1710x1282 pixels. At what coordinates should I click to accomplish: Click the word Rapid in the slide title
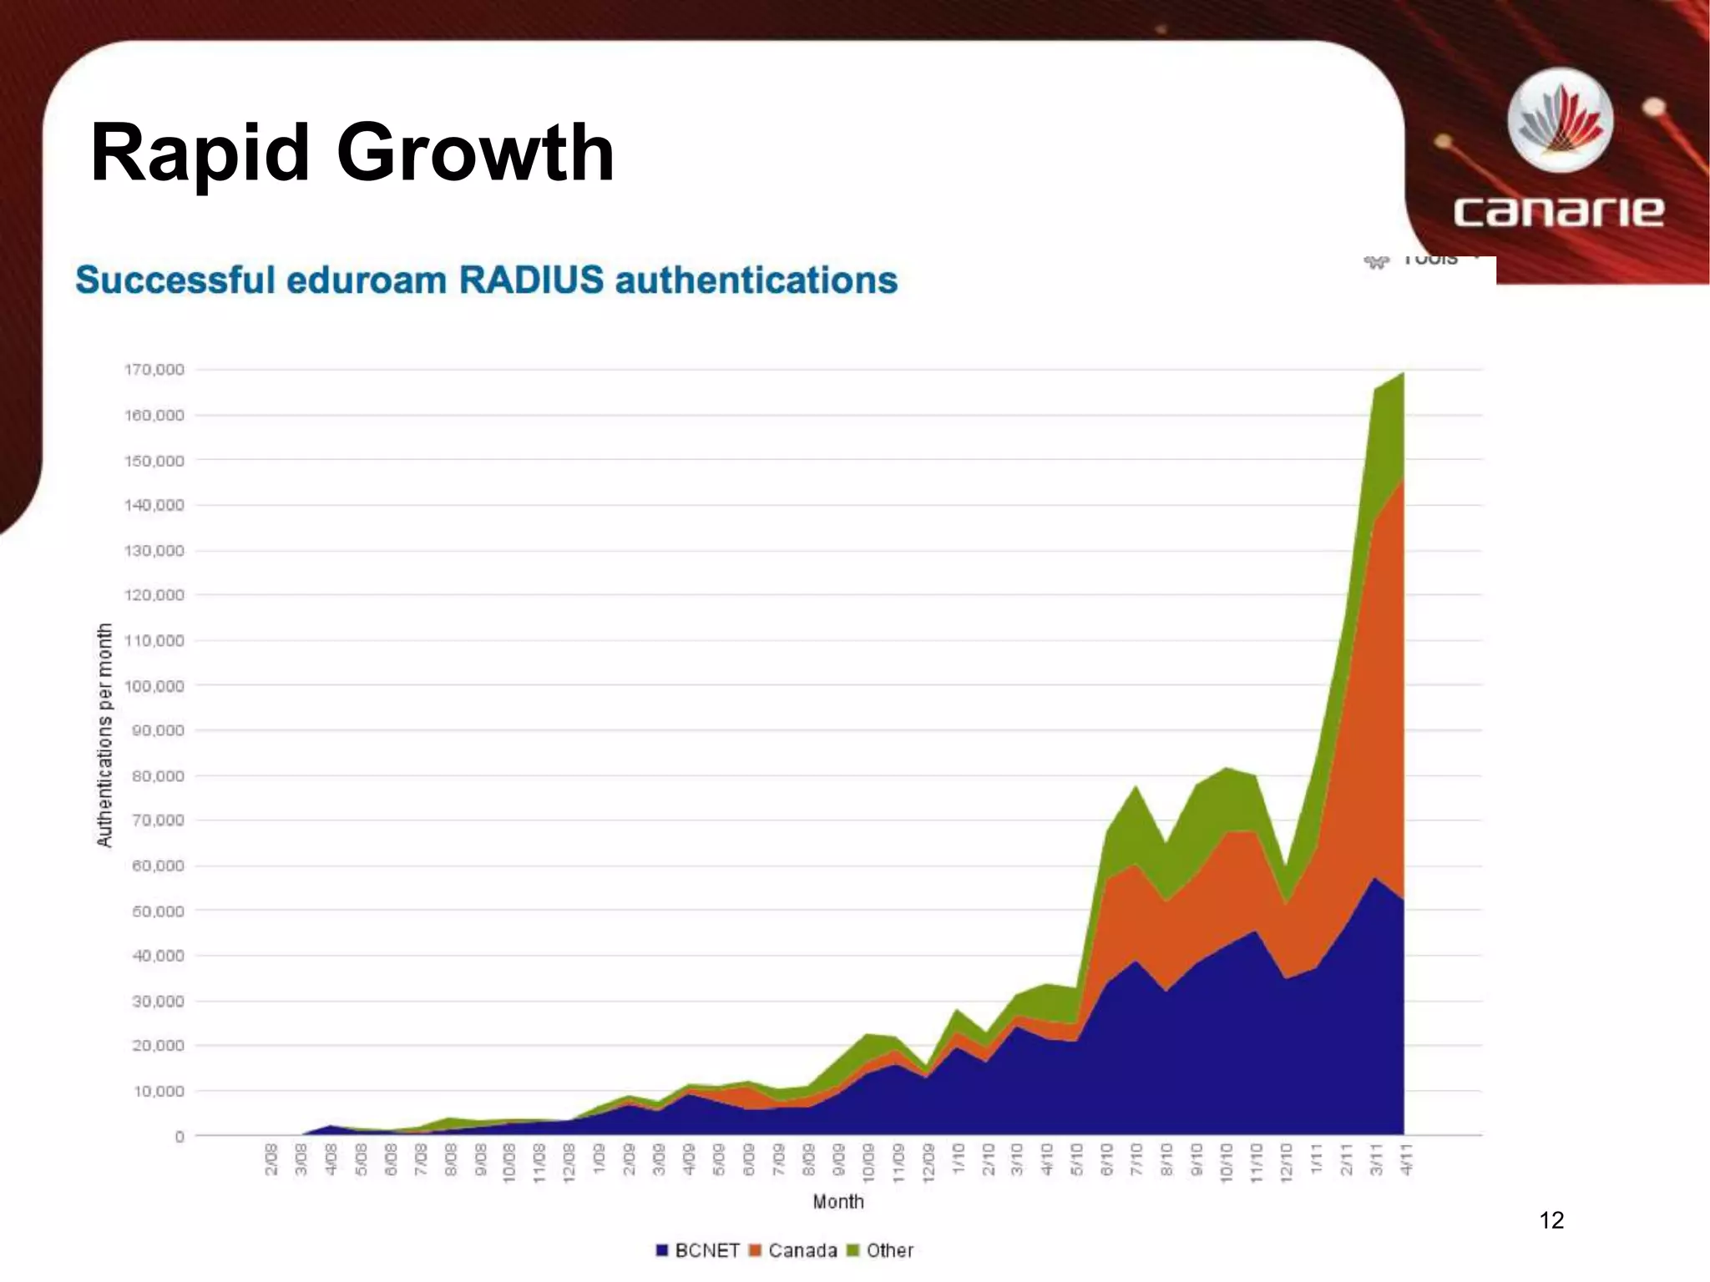point(200,154)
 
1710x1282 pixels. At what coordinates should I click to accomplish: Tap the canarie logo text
point(1558,211)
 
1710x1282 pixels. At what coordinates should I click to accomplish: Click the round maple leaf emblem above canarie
point(1560,121)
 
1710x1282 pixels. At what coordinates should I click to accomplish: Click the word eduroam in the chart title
point(367,280)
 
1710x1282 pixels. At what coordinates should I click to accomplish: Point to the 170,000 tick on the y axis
point(154,370)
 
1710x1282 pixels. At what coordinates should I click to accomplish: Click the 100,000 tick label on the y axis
point(154,686)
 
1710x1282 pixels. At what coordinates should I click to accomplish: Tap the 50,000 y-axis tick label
point(158,911)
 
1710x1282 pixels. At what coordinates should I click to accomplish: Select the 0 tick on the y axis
point(179,1137)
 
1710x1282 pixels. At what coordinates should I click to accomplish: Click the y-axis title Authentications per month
point(104,735)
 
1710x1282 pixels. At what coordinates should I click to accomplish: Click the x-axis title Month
point(838,1202)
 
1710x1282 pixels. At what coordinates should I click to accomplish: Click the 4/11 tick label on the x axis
point(1407,1159)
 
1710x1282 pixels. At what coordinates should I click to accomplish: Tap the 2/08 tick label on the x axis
point(271,1159)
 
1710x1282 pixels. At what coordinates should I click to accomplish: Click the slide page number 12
point(1551,1220)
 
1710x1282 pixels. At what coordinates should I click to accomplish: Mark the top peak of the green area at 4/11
point(1403,374)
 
